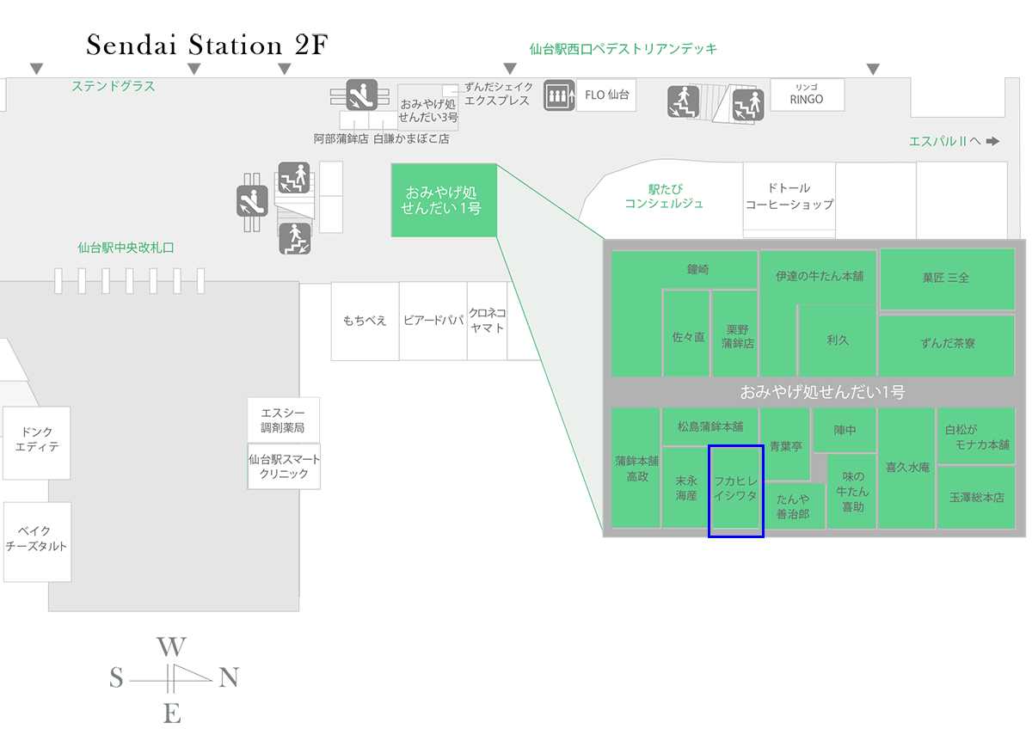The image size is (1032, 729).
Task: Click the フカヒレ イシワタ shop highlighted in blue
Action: pyautogui.click(x=735, y=490)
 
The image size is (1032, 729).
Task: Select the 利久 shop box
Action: pyautogui.click(x=837, y=340)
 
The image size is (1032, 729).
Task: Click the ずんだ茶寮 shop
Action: pyautogui.click(x=946, y=344)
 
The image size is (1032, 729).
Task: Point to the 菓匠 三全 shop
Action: pyautogui.click(x=946, y=279)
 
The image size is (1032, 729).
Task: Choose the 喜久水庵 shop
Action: pyautogui.click(x=906, y=468)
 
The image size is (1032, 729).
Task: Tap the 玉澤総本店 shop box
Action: pyautogui.click(x=976, y=497)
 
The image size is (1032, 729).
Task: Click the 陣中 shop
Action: pyautogui.click(x=845, y=430)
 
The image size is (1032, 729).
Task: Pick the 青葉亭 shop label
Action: pyautogui.click(x=785, y=446)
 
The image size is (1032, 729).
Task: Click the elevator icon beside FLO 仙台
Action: pyautogui.click(x=559, y=95)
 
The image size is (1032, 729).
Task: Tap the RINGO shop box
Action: pyautogui.click(x=807, y=95)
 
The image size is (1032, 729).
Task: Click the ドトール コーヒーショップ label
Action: pyautogui.click(x=789, y=197)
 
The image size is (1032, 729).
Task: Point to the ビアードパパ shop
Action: pyautogui.click(x=433, y=321)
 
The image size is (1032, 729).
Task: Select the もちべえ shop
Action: pyautogui.click(x=365, y=321)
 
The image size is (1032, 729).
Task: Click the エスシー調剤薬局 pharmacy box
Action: pyautogui.click(x=283, y=420)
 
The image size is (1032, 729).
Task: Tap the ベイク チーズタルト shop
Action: pyautogui.click(x=36, y=540)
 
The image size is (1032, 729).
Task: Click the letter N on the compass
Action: pyautogui.click(x=229, y=678)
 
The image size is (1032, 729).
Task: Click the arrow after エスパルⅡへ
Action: pyautogui.click(x=993, y=141)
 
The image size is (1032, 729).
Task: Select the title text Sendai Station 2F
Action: pyautogui.click(x=207, y=46)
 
